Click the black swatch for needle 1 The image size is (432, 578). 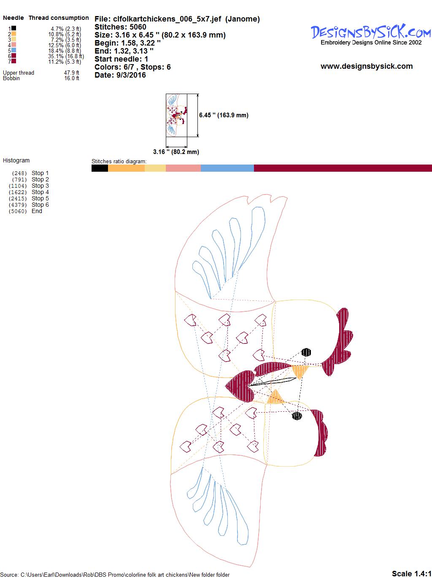(x=13, y=28)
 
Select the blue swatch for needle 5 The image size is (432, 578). (x=13, y=50)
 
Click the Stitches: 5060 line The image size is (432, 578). (x=120, y=27)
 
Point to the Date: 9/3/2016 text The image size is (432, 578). (x=120, y=75)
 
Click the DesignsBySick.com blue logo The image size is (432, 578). (x=371, y=32)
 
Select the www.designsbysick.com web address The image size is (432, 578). (x=367, y=66)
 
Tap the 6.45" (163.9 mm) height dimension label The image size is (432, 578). (x=224, y=115)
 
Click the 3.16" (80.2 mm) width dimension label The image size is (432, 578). (x=176, y=152)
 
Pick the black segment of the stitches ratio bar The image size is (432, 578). (x=100, y=168)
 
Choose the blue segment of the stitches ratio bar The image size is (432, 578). (x=227, y=168)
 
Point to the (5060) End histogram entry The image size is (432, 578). (x=25, y=211)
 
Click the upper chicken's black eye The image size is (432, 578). (x=306, y=352)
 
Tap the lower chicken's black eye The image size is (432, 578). (x=297, y=416)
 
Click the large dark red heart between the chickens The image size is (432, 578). (x=240, y=386)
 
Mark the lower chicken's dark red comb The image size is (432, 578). (x=321, y=432)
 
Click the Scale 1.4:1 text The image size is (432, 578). (x=411, y=573)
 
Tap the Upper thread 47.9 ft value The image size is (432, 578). (x=72, y=73)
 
